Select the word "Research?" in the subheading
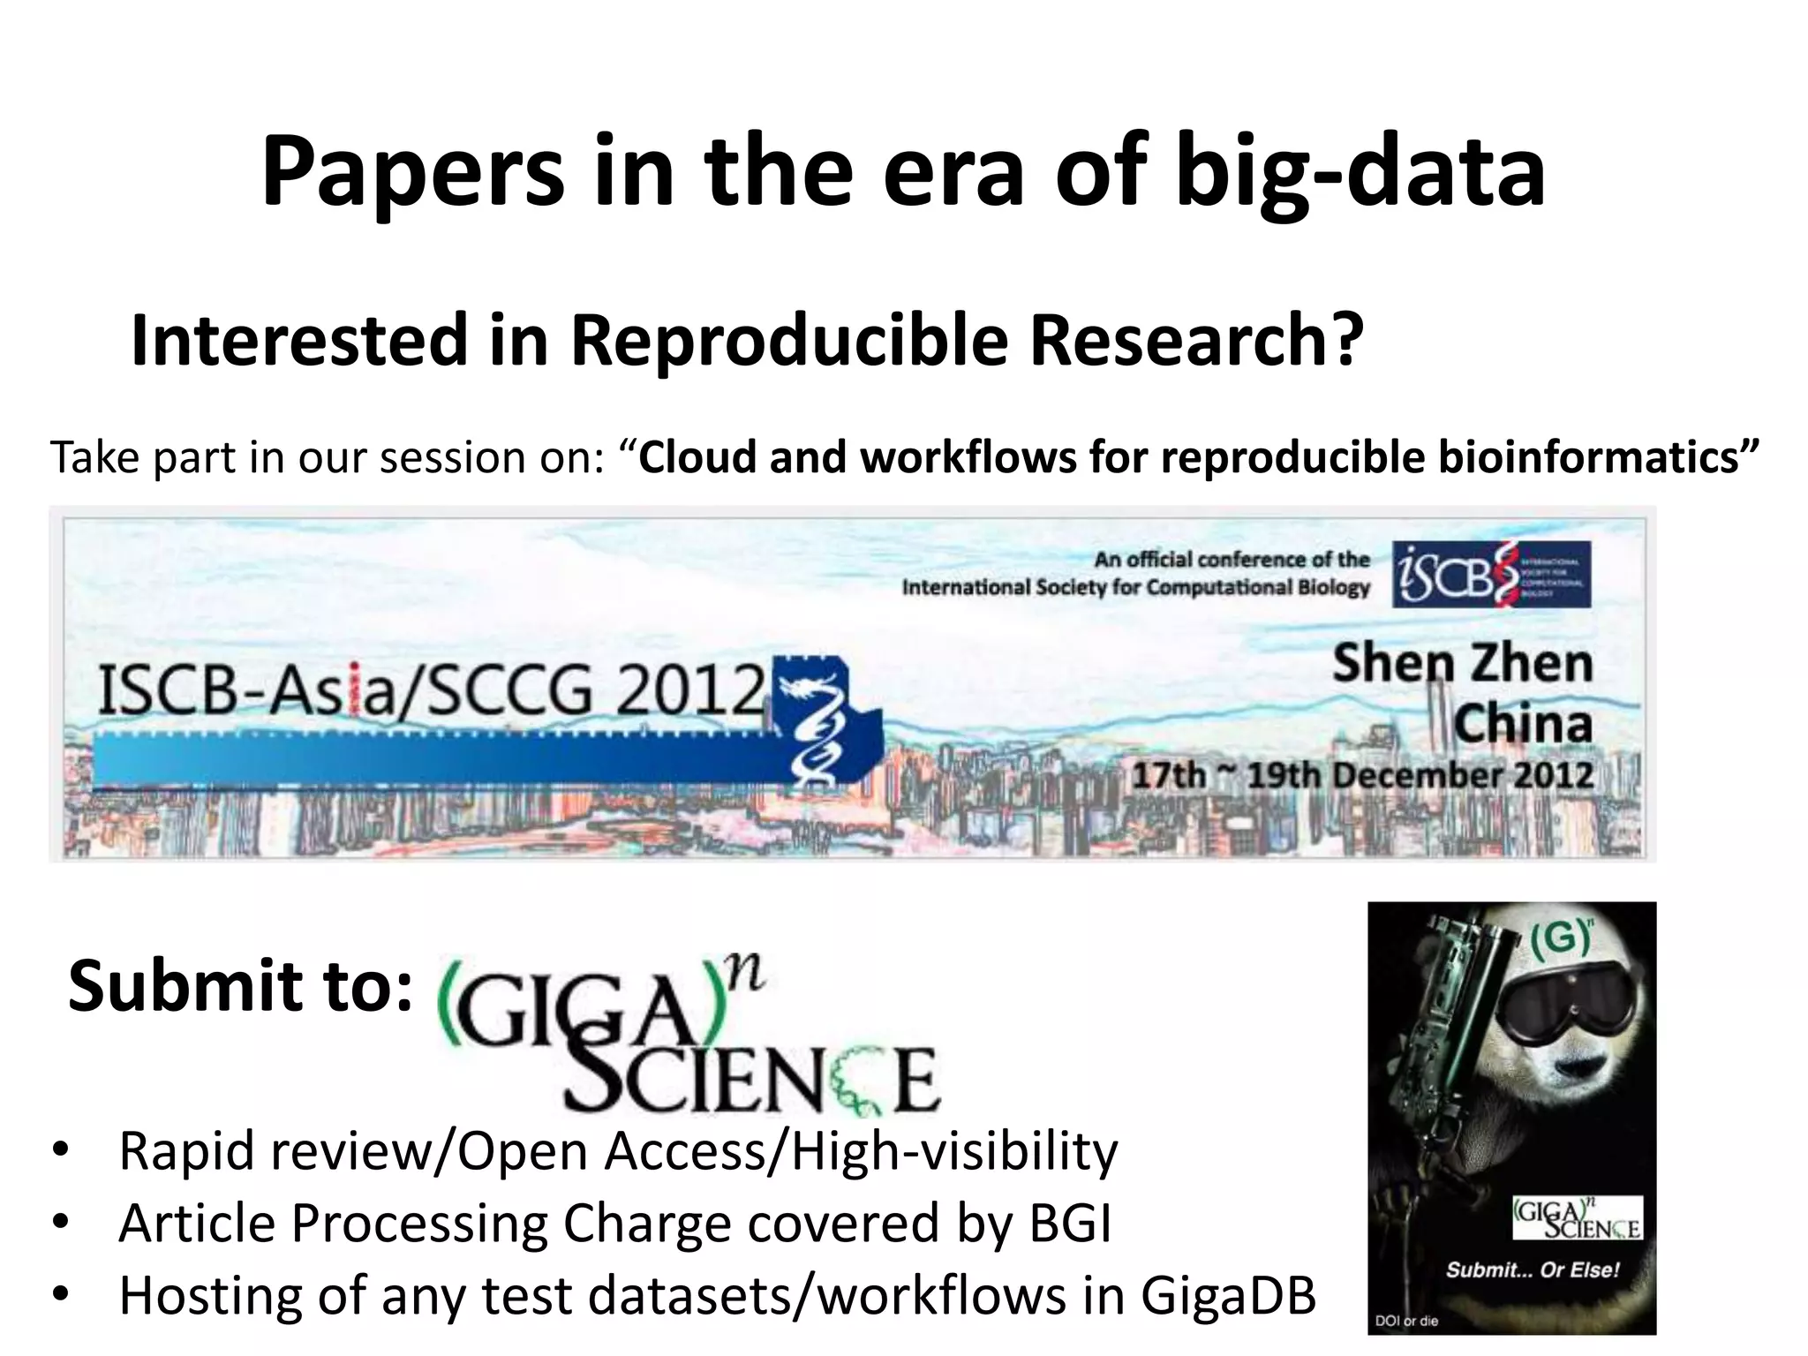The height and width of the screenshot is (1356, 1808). click(x=1196, y=341)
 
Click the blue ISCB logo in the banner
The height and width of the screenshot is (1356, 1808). click(x=1491, y=574)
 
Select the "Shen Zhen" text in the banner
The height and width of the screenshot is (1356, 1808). click(x=1462, y=664)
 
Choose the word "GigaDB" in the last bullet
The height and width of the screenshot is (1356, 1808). click(x=1228, y=1295)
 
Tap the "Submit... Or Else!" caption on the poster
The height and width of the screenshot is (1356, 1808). click(x=1533, y=1270)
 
